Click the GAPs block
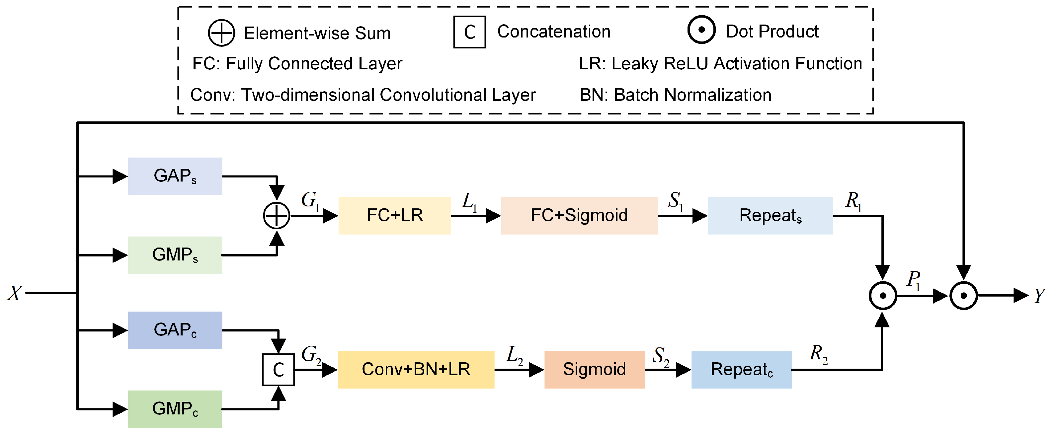pos(175,176)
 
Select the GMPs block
pos(175,255)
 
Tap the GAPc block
pos(175,330)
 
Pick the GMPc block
pos(175,409)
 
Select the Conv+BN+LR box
pos(416,370)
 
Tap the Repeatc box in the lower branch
pos(741,370)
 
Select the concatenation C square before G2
pos(278,370)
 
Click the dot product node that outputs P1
pos(883,295)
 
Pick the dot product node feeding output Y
pos(963,295)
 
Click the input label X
pos(15,293)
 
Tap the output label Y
pos(1039,295)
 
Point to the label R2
pos(818,354)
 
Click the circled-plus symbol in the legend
pos(221,33)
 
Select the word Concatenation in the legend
pos(553,32)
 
